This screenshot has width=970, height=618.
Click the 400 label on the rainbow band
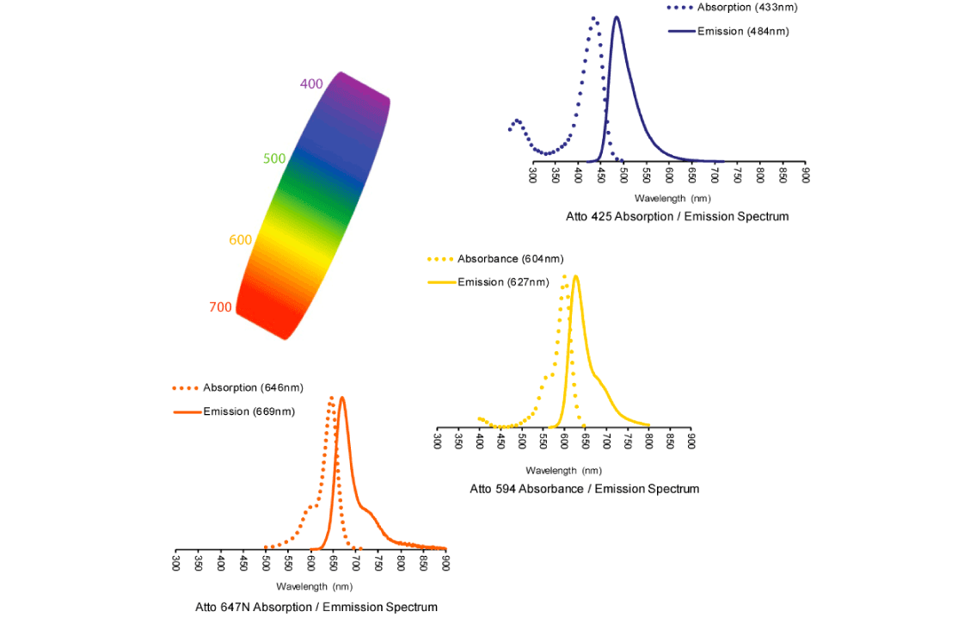(x=311, y=83)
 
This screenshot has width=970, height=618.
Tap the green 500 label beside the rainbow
(x=274, y=158)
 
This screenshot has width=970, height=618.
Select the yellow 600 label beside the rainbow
(x=240, y=240)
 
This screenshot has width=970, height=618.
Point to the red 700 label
(x=220, y=307)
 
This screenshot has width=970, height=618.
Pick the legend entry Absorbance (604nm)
(x=510, y=258)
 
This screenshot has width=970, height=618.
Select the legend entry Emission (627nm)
(x=502, y=281)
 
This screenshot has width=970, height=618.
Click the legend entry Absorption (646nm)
(x=253, y=387)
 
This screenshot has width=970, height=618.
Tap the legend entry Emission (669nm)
(x=249, y=411)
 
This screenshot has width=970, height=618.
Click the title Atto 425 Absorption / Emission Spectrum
(x=677, y=216)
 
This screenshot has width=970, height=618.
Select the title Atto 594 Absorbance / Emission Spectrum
(x=584, y=488)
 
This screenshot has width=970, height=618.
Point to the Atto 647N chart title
(x=316, y=607)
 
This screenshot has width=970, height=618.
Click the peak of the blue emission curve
(x=617, y=17)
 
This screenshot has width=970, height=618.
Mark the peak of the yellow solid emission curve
(x=575, y=277)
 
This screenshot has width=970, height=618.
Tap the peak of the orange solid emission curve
(x=342, y=398)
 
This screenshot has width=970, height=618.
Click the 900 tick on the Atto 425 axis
(x=805, y=175)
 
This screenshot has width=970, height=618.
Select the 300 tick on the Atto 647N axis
(x=175, y=563)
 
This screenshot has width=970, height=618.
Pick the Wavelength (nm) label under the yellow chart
(x=563, y=470)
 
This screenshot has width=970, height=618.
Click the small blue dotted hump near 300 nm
(x=517, y=121)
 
